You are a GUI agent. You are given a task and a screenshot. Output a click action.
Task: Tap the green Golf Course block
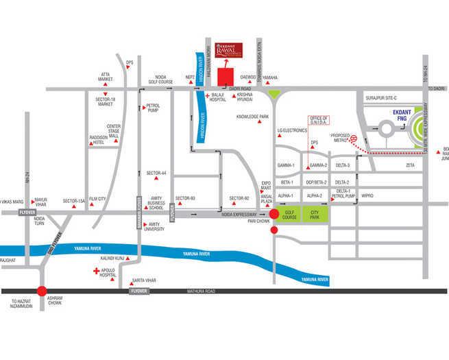[289, 215]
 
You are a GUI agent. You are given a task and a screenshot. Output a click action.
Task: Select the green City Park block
[315, 215]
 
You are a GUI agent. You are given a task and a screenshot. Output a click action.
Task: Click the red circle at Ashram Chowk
[43, 291]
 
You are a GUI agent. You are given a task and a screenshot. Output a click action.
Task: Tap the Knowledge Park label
[252, 117]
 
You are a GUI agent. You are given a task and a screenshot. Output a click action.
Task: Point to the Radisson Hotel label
[97, 139]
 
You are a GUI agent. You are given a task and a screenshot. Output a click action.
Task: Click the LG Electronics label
[291, 130]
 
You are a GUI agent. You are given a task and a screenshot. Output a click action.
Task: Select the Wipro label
[367, 195]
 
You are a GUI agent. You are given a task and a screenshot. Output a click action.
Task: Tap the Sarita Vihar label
[143, 281]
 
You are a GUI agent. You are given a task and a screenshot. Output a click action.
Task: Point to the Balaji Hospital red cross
[207, 95]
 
